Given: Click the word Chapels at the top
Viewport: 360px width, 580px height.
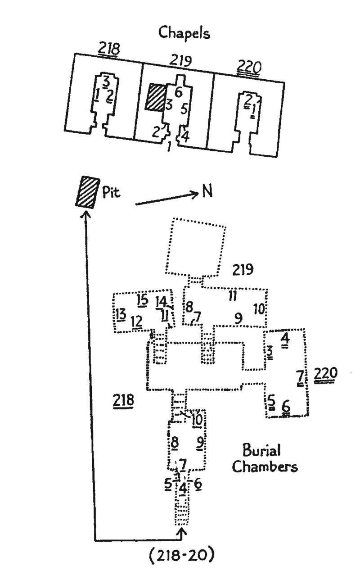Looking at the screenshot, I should pos(184,34).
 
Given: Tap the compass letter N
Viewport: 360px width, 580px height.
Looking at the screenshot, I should pos(207,191).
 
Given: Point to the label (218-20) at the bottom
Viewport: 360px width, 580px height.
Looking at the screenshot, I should pos(181,556).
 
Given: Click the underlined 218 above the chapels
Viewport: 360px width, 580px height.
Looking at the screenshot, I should pos(109,49).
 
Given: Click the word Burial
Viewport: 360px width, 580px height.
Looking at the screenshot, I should pos(262,450).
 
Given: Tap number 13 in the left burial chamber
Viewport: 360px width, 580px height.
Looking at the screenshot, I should pos(120,314).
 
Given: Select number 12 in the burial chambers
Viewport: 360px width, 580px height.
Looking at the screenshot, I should pos(137,321).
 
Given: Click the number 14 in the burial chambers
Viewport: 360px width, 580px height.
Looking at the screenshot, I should pos(161,301).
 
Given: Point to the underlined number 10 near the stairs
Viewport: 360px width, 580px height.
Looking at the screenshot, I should pos(198,419).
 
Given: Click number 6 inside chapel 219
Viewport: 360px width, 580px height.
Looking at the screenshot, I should pos(178,93).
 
